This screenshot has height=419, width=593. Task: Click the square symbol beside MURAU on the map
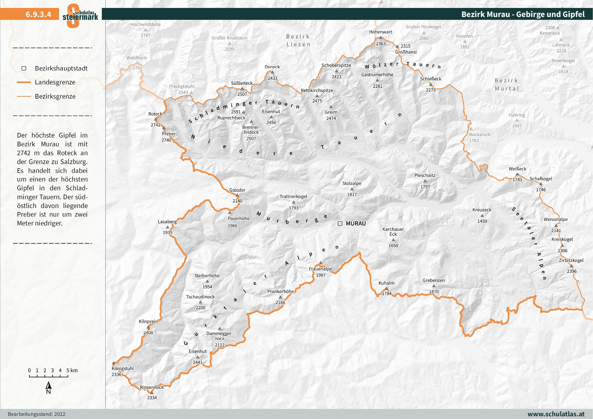[x=340, y=224]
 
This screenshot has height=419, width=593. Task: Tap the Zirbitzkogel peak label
[x=571, y=260]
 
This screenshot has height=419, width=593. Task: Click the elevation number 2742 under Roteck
[x=155, y=125]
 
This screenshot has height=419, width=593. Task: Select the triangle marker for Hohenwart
[x=380, y=38]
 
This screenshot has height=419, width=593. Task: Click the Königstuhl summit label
[x=123, y=368]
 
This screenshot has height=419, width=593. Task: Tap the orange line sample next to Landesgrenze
[x=24, y=82]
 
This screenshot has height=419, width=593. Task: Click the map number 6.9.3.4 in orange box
[x=38, y=14]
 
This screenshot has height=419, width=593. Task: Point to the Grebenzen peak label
[x=434, y=280]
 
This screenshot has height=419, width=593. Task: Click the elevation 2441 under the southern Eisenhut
[x=198, y=362]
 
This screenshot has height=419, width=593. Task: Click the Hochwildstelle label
[x=145, y=24]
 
